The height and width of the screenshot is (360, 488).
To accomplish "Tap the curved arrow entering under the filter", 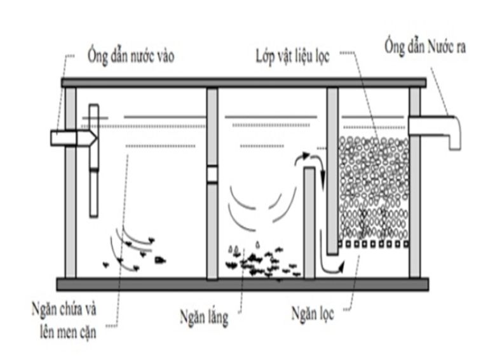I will [332, 267].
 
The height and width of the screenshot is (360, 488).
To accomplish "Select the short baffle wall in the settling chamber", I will [309, 222].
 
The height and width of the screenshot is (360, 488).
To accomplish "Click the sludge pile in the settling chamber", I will [261, 260].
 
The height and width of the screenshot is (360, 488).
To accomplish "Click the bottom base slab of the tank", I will [243, 284].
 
